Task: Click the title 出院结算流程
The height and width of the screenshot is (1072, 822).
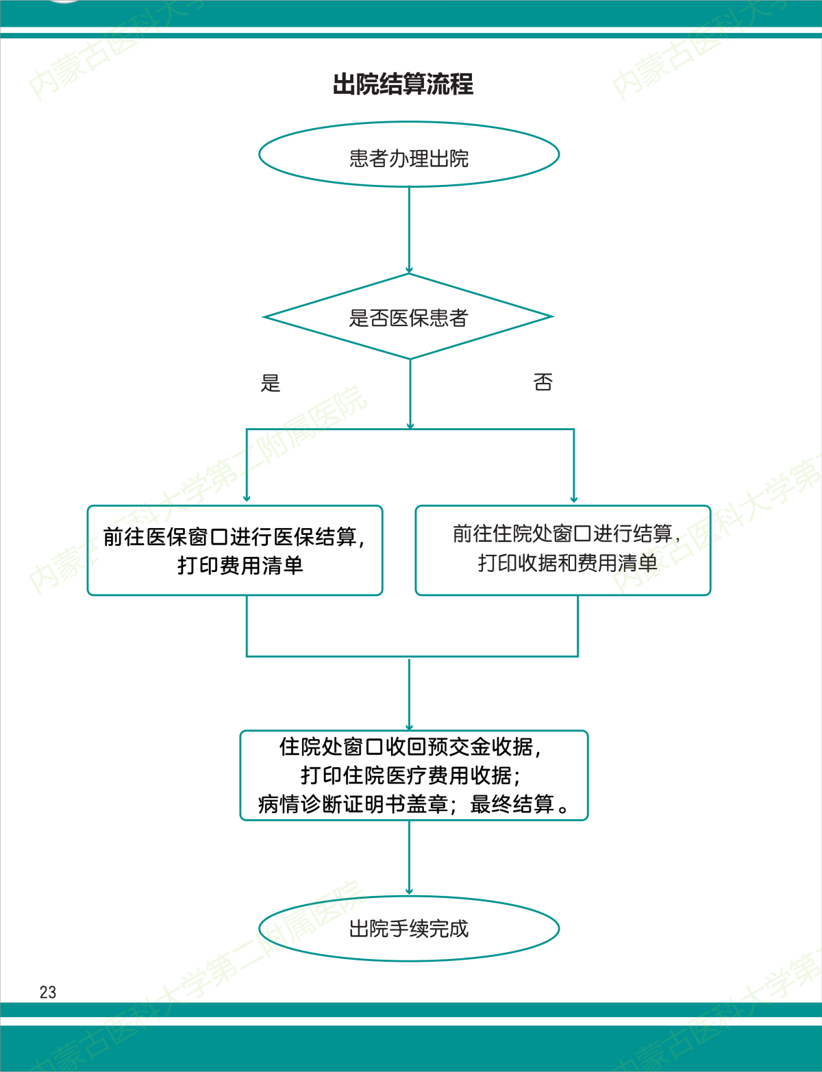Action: [403, 84]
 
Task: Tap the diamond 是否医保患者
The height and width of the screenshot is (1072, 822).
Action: [408, 317]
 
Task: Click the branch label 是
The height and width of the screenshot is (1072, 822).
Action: [271, 383]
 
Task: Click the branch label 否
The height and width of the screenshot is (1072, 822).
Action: [543, 382]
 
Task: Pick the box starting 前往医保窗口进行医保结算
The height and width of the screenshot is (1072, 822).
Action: [235, 550]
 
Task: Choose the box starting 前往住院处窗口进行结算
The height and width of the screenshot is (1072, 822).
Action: [562, 550]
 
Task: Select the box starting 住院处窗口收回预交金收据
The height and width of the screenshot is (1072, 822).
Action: [414, 775]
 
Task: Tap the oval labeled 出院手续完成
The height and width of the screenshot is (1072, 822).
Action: [409, 928]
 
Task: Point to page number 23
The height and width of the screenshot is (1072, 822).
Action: [48, 992]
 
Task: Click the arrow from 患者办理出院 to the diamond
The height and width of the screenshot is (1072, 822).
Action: [409, 230]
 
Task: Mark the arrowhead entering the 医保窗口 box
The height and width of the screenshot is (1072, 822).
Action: [247, 498]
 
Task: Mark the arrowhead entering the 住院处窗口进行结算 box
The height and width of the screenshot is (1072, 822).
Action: [574, 498]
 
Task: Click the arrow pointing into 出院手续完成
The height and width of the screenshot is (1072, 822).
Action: [409, 890]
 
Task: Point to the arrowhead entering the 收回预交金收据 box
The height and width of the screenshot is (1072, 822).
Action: [409, 726]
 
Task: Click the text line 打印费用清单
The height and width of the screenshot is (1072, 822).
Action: [240, 565]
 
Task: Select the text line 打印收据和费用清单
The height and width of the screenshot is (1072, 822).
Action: [567, 563]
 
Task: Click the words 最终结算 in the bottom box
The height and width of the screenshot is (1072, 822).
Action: [512, 804]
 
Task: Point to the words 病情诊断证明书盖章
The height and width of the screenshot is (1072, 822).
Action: [353, 804]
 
